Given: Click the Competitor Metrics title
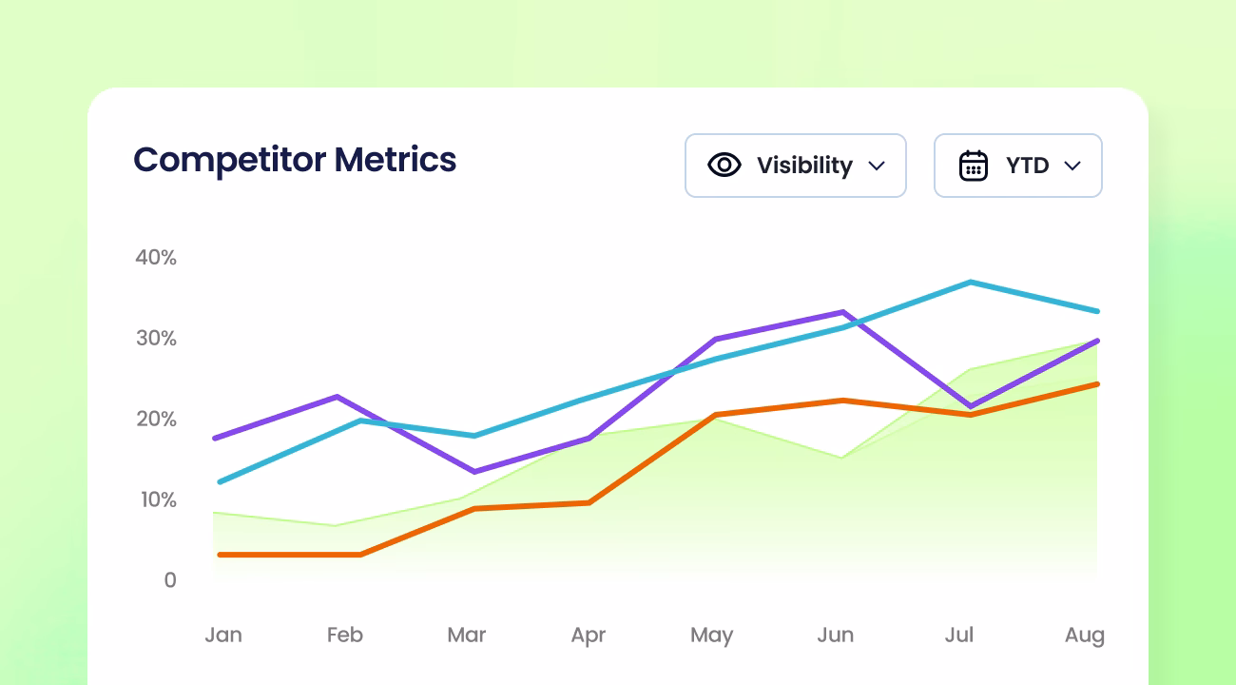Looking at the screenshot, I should pyautogui.click(x=295, y=160).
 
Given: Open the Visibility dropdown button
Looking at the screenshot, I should pyautogui.click(x=795, y=166).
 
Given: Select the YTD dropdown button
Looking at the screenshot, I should pyautogui.click(x=1017, y=166).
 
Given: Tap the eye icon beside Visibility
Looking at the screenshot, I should pyautogui.click(x=724, y=166).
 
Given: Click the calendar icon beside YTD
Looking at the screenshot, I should pyautogui.click(x=974, y=166).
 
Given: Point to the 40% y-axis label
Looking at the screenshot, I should pyautogui.click(x=156, y=257).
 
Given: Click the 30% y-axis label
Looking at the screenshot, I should pyautogui.click(x=156, y=338).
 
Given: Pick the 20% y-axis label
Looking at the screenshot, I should pyautogui.click(x=156, y=419).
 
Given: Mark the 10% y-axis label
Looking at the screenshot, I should pyautogui.click(x=156, y=499).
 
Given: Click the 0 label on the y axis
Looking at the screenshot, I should pyautogui.click(x=170, y=580).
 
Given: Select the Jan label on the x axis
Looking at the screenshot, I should pyautogui.click(x=223, y=635).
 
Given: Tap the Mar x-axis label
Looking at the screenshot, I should pyautogui.click(x=467, y=635).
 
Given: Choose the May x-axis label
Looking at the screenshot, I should pyautogui.click(x=711, y=635).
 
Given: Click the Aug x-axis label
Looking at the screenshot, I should pyautogui.click(x=1085, y=635).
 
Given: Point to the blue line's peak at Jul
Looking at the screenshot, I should pyautogui.click(x=970, y=282).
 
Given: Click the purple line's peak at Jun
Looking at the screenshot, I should pyautogui.click(x=842, y=312).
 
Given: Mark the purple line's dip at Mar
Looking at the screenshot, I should pyautogui.click(x=474, y=471).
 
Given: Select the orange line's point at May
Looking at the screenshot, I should pyautogui.click(x=715, y=415).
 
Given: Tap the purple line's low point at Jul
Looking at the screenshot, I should pyautogui.click(x=970, y=406).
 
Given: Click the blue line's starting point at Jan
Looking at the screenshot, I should pyautogui.click(x=219, y=481).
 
